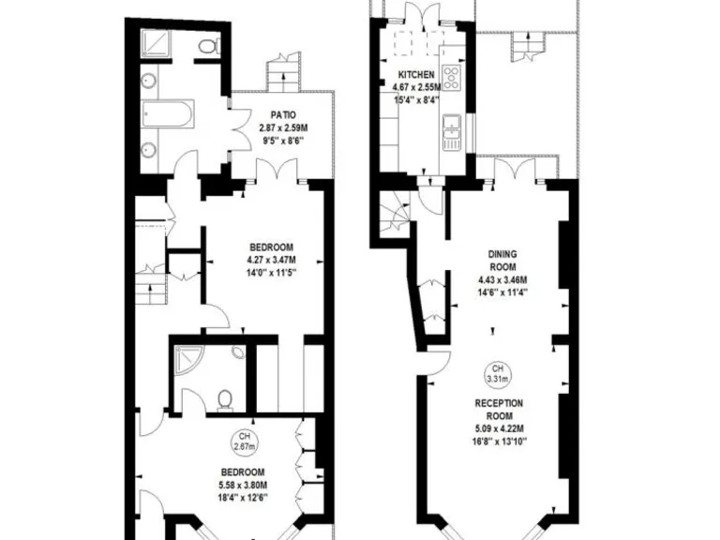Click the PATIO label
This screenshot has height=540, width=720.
(x=277, y=114)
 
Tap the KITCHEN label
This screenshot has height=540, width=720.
(x=416, y=75)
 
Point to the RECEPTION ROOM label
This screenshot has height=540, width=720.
(x=499, y=409)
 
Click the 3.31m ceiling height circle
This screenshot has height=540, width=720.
(x=496, y=374)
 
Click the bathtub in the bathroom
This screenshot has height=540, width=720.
(x=168, y=117)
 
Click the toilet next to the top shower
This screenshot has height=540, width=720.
(x=208, y=45)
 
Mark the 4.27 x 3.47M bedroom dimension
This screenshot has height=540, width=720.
(x=272, y=260)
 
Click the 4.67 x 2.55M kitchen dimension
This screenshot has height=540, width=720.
(x=416, y=87)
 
